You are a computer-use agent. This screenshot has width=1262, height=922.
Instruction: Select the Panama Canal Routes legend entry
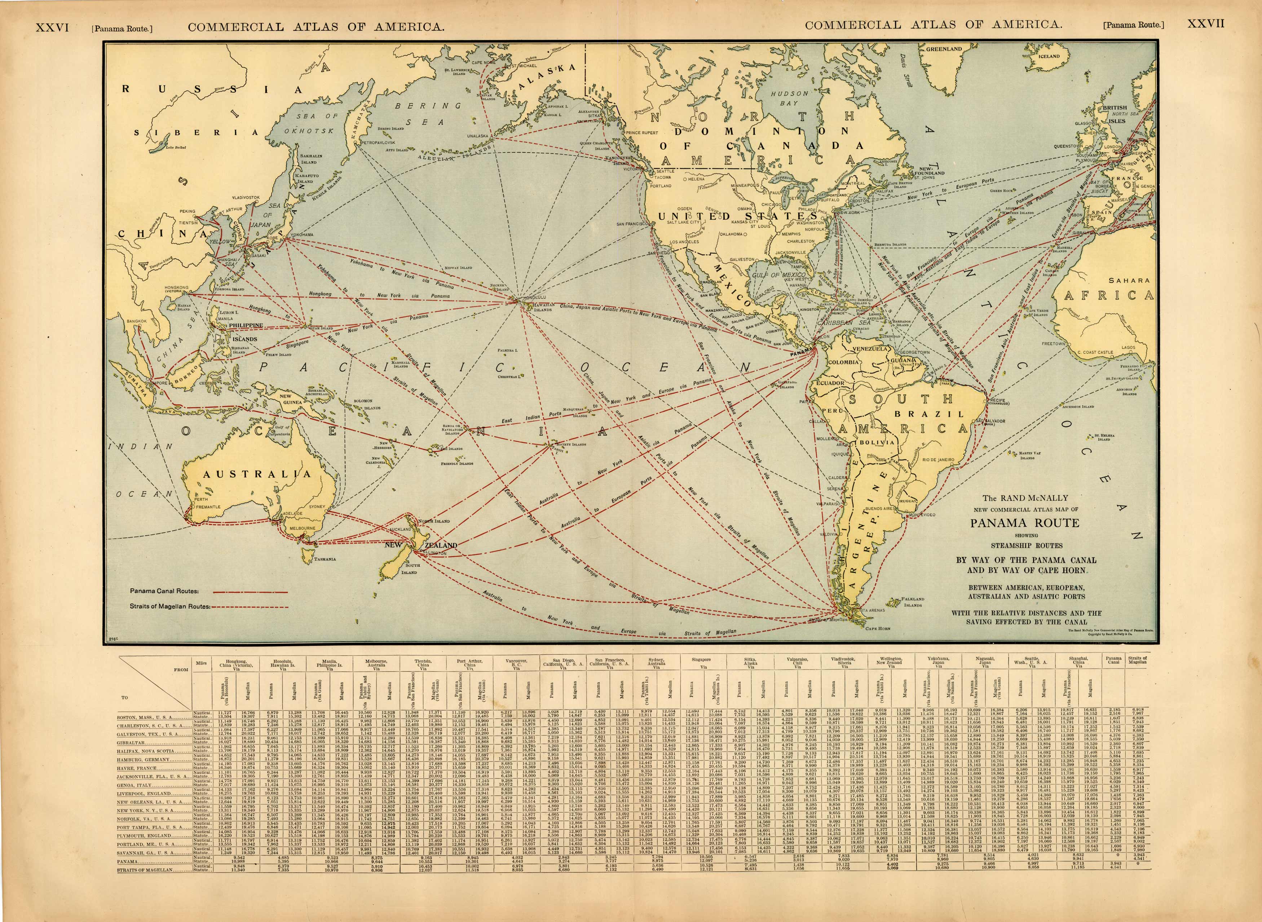point(164,591)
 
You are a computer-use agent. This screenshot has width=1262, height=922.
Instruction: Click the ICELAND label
point(1049,56)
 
